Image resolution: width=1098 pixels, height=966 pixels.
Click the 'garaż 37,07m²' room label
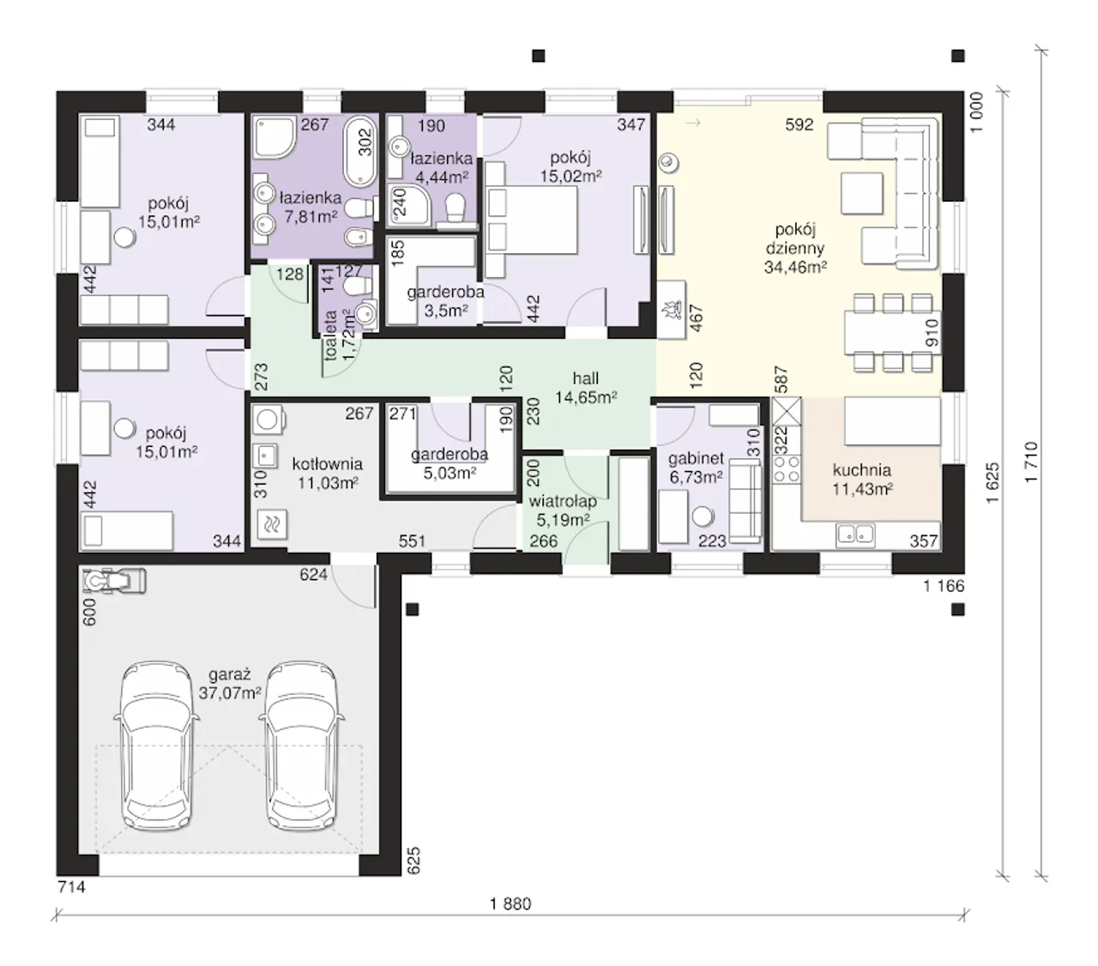(x=230, y=684)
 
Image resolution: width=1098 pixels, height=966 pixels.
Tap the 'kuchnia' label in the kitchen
(x=862, y=469)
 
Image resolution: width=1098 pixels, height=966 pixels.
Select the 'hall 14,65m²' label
(x=585, y=388)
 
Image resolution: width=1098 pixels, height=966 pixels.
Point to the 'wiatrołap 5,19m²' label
(x=563, y=510)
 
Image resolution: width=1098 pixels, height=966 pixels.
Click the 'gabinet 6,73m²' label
(x=696, y=468)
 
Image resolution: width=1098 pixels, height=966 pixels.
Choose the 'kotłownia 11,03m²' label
(x=328, y=473)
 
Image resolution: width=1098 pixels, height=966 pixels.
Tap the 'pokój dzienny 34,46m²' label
(x=795, y=248)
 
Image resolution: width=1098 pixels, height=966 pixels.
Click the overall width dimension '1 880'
(x=510, y=903)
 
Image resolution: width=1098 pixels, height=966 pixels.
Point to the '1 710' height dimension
(x=1031, y=462)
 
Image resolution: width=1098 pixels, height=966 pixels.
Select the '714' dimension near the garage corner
(x=71, y=887)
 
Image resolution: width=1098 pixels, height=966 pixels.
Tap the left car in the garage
(x=157, y=746)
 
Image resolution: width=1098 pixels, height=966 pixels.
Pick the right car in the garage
(x=301, y=746)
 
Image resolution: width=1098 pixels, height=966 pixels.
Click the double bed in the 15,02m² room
(x=531, y=219)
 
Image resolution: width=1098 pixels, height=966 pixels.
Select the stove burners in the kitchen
(x=786, y=469)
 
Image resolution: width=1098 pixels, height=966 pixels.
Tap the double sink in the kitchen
(x=856, y=535)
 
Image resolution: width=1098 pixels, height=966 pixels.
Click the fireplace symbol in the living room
(x=672, y=310)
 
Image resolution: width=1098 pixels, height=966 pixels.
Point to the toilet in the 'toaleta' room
(x=359, y=286)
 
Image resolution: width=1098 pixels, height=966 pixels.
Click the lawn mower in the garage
(x=114, y=581)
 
